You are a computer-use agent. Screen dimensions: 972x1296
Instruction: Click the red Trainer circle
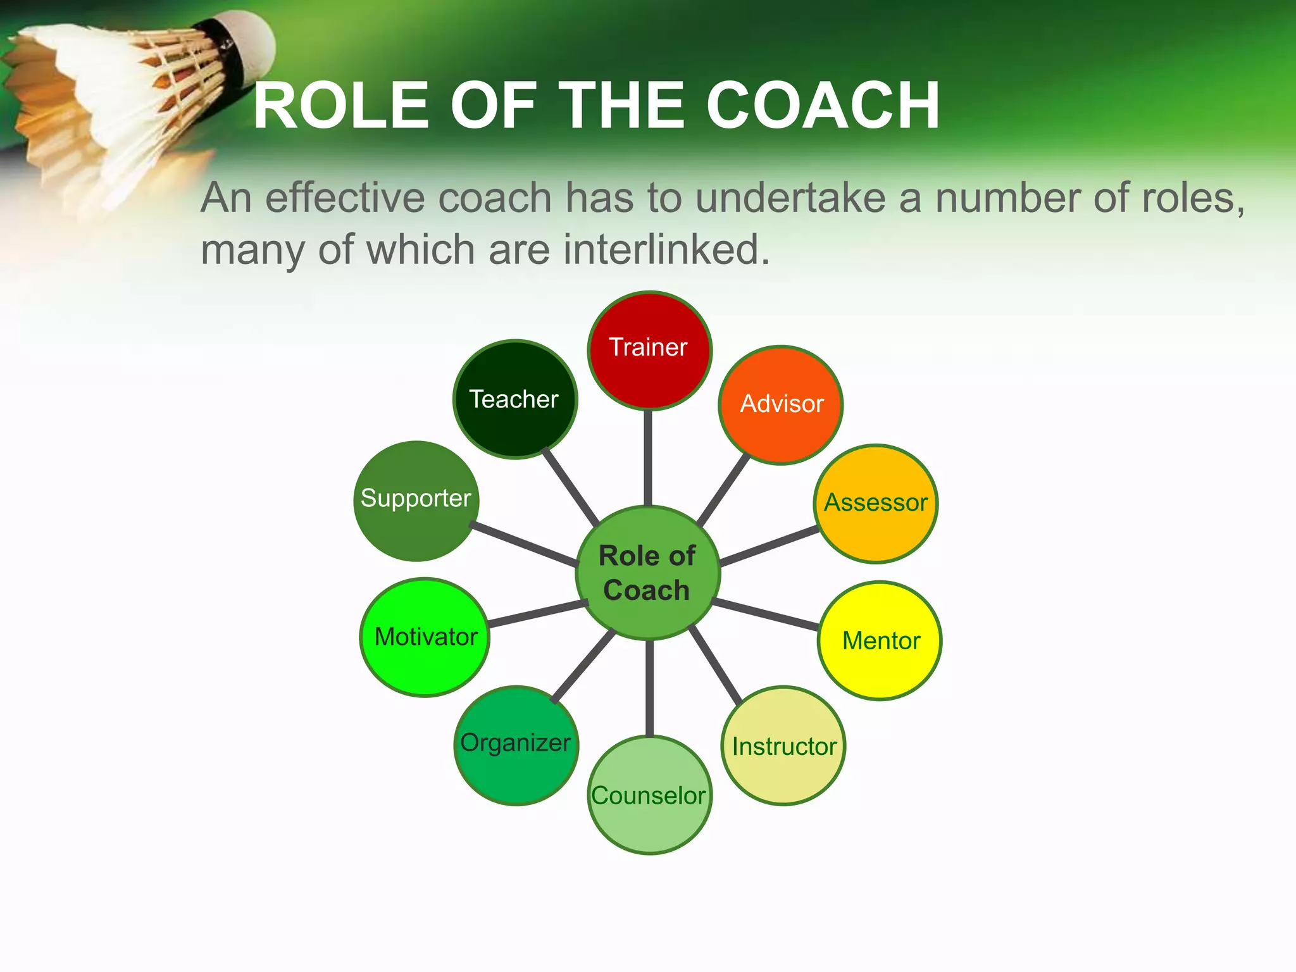pos(649,350)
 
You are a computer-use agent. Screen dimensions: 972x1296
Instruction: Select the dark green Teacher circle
pos(515,399)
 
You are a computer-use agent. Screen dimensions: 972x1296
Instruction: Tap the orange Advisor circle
pos(781,405)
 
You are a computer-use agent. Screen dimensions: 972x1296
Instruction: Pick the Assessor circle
pos(876,503)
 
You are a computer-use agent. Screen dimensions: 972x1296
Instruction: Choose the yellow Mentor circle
pos(880,640)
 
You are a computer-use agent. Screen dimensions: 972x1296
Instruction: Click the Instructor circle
pos(783,746)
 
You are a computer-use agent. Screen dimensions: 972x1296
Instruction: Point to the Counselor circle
pos(649,795)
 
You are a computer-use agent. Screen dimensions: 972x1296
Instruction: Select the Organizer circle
pos(516,745)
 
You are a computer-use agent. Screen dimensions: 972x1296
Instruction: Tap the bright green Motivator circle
pos(425,637)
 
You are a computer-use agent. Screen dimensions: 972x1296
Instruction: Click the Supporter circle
pos(416,501)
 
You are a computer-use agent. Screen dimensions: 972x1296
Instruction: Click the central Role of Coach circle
pos(647,573)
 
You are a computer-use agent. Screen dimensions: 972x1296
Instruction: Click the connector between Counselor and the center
pos(649,688)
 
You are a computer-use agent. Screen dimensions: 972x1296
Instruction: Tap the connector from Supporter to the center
pos(524,544)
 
